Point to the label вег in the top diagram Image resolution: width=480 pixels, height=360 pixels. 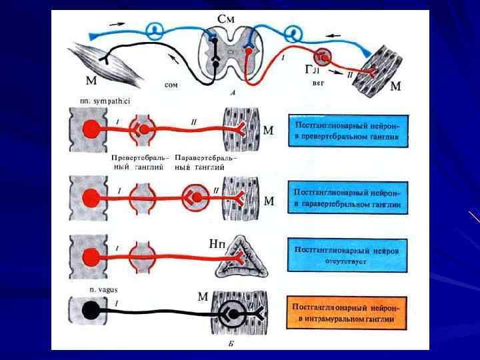point(319,85)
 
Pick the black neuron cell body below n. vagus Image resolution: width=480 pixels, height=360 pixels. point(91,311)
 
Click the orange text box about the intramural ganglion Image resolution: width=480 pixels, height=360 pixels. point(349,313)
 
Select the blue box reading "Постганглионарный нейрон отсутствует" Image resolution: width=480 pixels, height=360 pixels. point(349,255)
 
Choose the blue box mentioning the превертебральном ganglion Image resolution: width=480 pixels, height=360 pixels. point(349,131)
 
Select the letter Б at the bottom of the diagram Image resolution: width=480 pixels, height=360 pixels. point(230,345)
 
